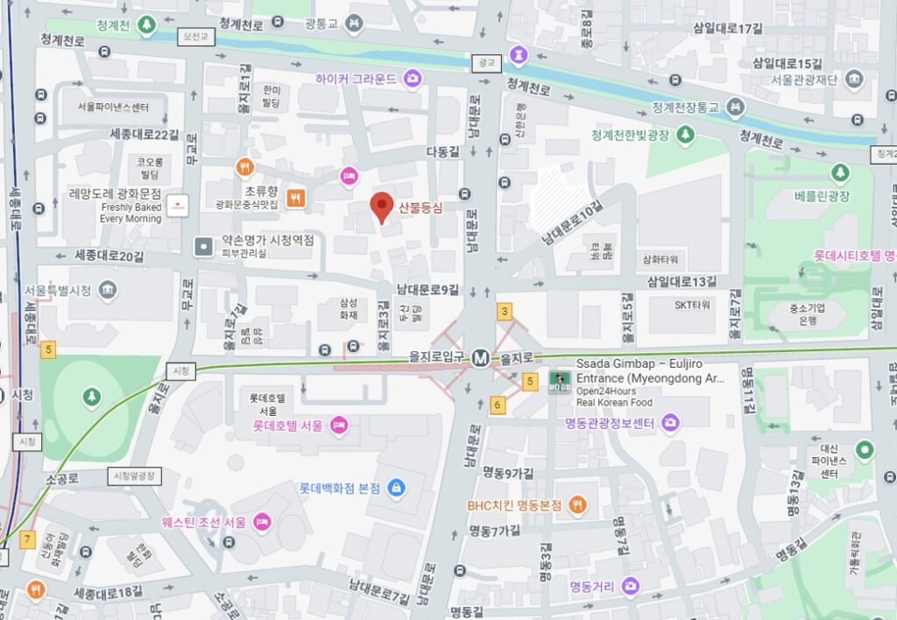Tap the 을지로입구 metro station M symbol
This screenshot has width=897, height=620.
tap(480, 357)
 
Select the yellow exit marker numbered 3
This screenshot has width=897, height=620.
tap(505, 312)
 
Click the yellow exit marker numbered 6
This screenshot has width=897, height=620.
tap(498, 405)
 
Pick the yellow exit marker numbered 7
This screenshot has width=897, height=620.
tap(27, 539)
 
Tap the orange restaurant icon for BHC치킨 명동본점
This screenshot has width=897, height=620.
tap(577, 504)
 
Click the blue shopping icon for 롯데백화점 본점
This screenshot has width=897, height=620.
tap(395, 488)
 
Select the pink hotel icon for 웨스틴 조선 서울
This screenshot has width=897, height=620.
tap(261, 522)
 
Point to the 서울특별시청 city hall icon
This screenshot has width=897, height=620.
tap(108, 290)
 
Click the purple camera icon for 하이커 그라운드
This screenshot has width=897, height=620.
tap(413, 79)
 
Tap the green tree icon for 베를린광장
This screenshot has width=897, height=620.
tap(841, 173)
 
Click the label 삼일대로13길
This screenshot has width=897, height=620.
tap(681, 281)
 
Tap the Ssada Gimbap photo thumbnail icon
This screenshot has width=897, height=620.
tap(555, 382)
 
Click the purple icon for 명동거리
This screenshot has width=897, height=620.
tap(630, 586)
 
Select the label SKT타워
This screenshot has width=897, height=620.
tap(693, 305)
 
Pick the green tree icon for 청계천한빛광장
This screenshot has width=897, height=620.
tap(686, 133)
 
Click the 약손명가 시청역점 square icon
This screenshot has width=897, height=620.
tap(204, 247)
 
